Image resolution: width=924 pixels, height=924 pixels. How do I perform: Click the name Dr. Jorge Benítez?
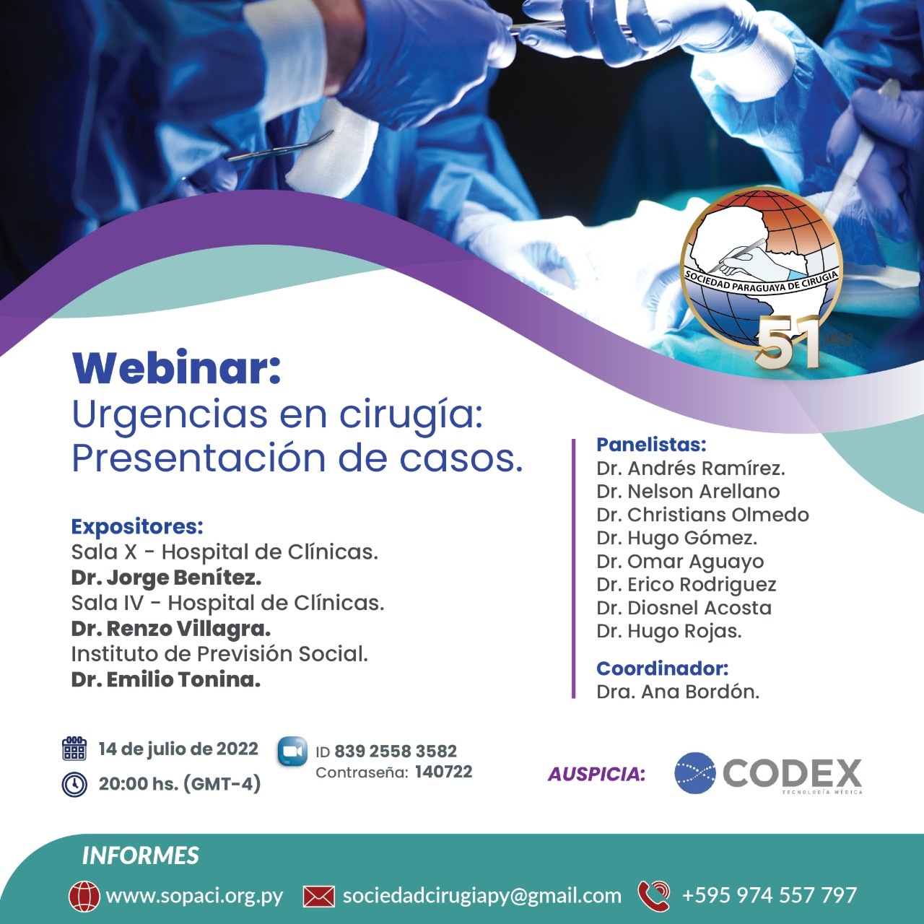pos(166,577)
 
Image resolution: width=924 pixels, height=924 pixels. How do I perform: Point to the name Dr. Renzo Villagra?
pos(170,629)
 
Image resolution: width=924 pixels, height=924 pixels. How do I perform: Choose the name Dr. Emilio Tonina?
pos(166,679)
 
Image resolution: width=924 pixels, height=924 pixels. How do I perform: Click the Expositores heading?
pos(137,527)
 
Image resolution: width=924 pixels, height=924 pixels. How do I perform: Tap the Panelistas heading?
pos(651,445)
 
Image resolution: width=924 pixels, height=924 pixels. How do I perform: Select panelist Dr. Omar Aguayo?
pos(680,562)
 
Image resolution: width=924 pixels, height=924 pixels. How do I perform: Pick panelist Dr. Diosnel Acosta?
pos(684,608)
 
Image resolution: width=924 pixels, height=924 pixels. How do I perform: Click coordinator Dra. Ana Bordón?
pos(678,692)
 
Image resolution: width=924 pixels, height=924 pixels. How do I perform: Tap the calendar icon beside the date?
pos(74,749)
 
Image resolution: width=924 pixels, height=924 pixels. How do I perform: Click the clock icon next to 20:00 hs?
pos(74,785)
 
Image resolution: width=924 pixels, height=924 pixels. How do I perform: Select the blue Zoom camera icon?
pos(292,751)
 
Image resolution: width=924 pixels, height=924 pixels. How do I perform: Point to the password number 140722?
pos(443,772)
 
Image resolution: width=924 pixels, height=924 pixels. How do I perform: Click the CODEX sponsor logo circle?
pos(694,773)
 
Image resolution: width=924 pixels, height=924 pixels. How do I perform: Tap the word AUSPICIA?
pos(596,775)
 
